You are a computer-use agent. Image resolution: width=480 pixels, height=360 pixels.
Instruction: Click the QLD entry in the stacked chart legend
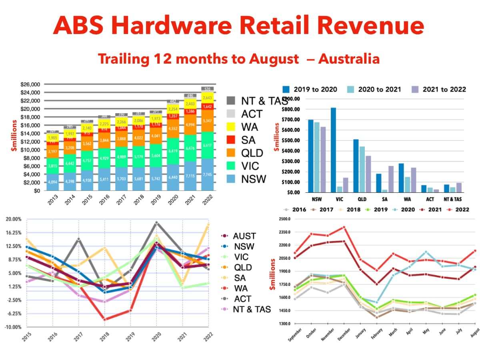pos(252,153)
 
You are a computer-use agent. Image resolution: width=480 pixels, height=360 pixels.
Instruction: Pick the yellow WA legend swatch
pos(230,127)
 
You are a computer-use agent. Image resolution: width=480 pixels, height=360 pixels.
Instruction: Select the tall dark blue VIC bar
pos(333,150)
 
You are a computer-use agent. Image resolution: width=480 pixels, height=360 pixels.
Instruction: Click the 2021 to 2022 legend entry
pos(439,89)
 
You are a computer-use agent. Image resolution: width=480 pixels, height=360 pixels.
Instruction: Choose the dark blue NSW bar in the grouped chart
pos(310,156)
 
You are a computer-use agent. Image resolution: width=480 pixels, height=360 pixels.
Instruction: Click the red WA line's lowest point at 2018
pos(104,319)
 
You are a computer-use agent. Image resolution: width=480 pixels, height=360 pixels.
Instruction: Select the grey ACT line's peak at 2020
pos(156,223)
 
